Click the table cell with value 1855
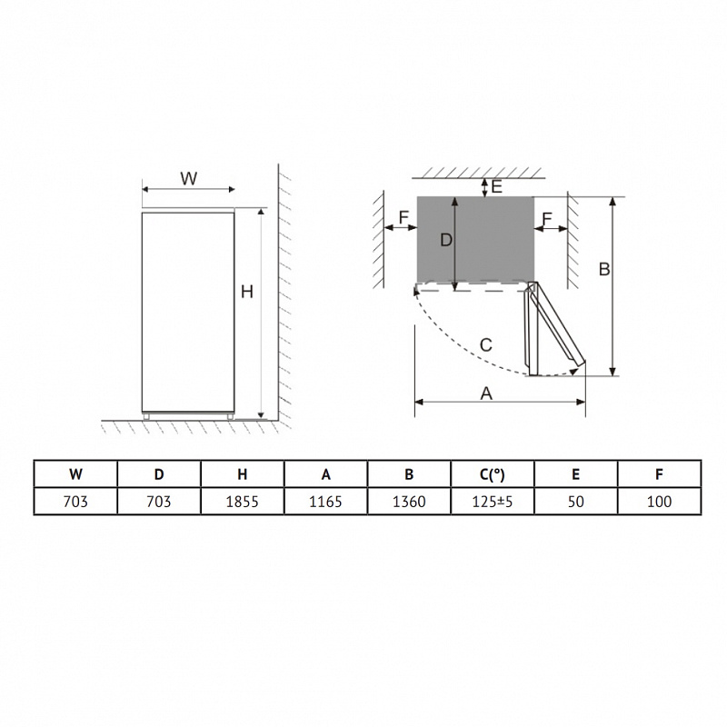(242, 502)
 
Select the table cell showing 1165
(325, 502)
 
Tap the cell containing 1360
(409, 502)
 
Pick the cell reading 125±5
(493, 502)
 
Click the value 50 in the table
(576, 502)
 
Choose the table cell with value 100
(660, 502)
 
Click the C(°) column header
(493, 473)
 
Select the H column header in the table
(242, 473)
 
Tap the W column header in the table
(75, 473)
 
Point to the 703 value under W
(75, 502)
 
